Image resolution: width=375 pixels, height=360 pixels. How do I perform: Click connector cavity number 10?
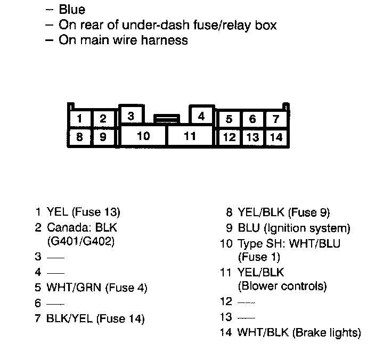(143, 136)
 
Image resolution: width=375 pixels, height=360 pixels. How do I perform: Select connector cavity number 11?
(190, 136)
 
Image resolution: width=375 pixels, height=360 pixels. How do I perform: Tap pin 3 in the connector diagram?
(131, 116)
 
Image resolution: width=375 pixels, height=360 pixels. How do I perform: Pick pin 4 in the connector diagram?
(201, 116)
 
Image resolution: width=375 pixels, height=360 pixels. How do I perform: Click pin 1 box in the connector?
(79, 119)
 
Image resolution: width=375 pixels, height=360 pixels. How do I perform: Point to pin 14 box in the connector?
(276, 137)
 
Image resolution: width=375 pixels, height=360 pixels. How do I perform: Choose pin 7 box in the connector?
(276, 119)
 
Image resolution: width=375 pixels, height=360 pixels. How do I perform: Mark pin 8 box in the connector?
(79, 137)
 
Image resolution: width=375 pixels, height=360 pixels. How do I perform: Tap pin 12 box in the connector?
(229, 137)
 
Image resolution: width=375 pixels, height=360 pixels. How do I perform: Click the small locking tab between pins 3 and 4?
(166, 118)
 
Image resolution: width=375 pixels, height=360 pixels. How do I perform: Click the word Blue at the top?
(72, 10)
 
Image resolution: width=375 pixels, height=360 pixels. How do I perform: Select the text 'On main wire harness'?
(123, 40)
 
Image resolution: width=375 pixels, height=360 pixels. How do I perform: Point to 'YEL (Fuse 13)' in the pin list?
(84, 212)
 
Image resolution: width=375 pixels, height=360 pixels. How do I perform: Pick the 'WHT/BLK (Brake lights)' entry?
(299, 333)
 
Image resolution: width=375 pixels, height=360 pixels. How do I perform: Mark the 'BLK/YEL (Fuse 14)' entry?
(96, 319)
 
